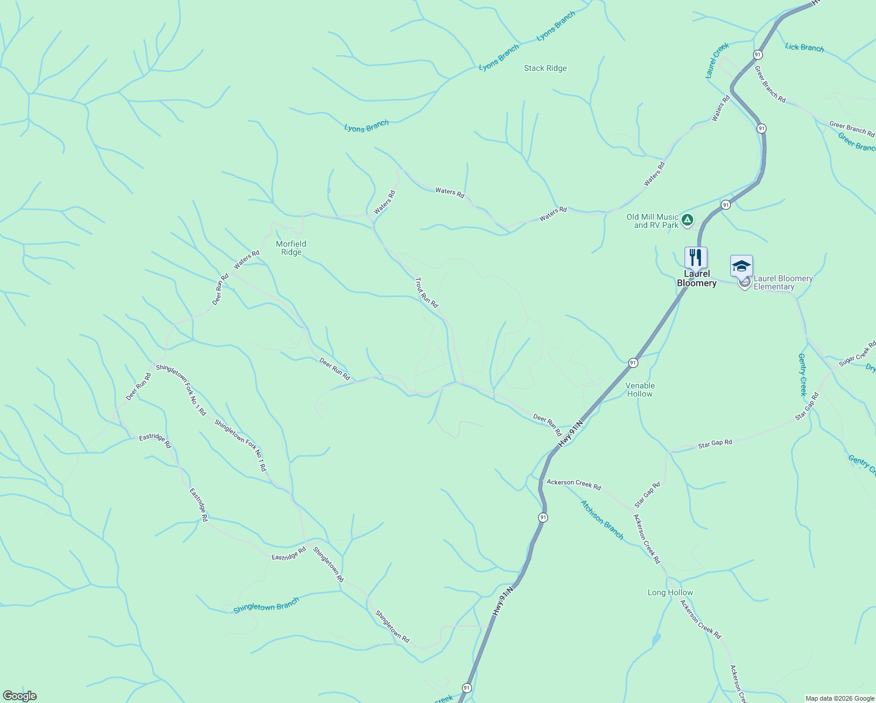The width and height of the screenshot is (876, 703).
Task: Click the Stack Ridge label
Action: click(x=545, y=69)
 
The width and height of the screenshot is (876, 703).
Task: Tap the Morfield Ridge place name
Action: click(x=291, y=248)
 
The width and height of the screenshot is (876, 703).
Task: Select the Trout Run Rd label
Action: click(x=426, y=293)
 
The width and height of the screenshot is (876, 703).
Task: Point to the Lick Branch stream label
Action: click(x=804, y=47)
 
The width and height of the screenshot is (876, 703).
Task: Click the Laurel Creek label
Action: click(x=717, y=60)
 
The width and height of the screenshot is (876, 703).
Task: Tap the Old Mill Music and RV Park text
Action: click(x=652, y=221)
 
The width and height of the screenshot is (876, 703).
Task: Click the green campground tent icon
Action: click(x=687, y=220)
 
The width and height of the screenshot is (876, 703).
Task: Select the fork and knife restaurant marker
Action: click(x=696, y=257)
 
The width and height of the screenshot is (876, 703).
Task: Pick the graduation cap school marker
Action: click(x=741, y=266)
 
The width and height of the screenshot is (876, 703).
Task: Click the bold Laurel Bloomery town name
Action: click(x=697, y=278)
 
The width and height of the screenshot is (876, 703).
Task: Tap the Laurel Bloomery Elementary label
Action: click(x=783, y=282)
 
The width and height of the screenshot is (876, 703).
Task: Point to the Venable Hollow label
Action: click(x=640, y=390)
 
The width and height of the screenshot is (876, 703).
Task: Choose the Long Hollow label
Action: click(x=670, y=593)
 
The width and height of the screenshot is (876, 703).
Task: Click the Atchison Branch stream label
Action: click(x=602, y=519)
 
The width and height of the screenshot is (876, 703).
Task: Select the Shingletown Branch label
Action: click(x=266, y=605)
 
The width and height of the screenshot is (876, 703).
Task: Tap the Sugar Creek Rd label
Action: click(x=857, y=354)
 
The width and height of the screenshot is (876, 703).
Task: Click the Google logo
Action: click(x=19, y=696)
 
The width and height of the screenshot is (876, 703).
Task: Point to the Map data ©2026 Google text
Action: click(x=839, y=698)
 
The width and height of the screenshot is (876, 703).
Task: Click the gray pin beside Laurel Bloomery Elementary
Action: click(x=745, y=284)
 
